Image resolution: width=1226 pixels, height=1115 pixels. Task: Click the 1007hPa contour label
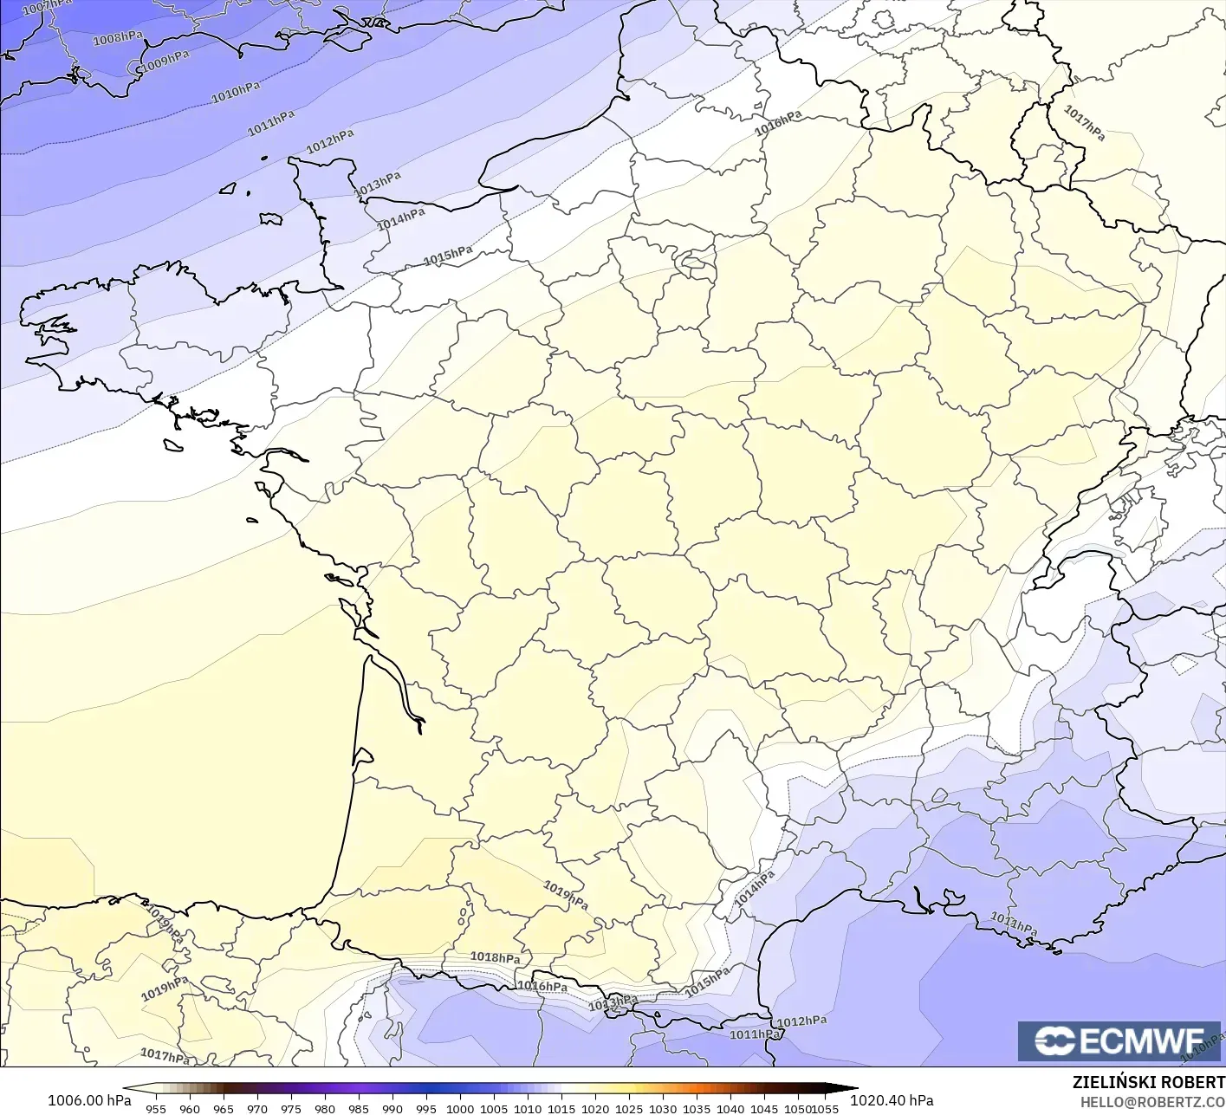click(47, 6)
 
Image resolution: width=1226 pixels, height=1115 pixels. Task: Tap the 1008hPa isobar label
click(118, 39)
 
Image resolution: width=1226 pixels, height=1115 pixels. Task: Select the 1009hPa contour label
click(165, 61)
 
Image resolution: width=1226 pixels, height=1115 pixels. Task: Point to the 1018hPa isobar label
click(495, 957)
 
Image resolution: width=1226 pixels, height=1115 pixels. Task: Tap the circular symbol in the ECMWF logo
click(1054, 1041)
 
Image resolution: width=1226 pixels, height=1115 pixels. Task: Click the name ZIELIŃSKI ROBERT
click(1148, 1082)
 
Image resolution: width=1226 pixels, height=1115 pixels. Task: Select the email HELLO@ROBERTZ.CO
click(1151, 1101)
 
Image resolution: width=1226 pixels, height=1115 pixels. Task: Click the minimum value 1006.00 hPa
click(89, 1100)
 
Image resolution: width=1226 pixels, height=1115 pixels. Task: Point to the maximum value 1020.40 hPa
click(892, 1100)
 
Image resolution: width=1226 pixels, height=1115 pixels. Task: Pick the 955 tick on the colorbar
click(156, 1108)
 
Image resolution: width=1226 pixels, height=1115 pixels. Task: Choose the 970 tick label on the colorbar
click(257, 1108)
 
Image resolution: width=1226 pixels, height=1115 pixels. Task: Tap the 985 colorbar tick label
click(359, 1108)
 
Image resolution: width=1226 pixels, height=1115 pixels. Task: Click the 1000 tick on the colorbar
click(460, 1108)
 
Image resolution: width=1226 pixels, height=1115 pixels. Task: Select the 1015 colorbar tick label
click(561, 1108)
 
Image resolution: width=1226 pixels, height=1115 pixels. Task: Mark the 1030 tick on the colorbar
click(663, 1108)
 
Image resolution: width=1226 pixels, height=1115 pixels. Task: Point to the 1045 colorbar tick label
click(764, 1108)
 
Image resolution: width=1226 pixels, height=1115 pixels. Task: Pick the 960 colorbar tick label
click(190, 1108)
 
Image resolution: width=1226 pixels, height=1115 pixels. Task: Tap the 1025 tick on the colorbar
click(629, 1108)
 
